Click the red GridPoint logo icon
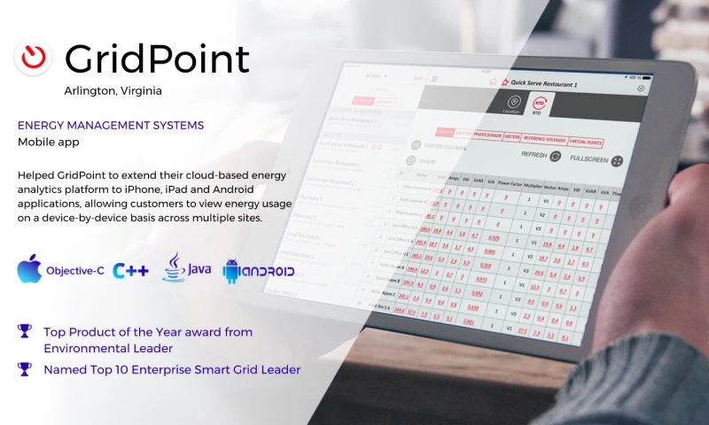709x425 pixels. pyautogui.click(x=33, y=58)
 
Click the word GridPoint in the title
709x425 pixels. pyautogui.click(x=157, y=59)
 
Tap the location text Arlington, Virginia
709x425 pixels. pyautogui.click(x=113, y=90)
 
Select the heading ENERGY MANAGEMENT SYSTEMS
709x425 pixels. pyautogui.click(x=111, y=126)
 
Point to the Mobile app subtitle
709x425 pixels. pyautogui.click(x=47, y=142)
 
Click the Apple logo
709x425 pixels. pyautogui.click(x=29, y=269)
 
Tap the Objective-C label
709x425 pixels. pyautogui.click(x=75, y=271)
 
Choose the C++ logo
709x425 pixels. pyautogui.click(x=130, y=270)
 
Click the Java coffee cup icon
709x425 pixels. pyautogui.click(x=174, y=267)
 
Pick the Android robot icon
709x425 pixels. pyautogui.click(x=233, y=271)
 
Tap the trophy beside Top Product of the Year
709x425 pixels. pyautogui.click(x=25, y=331)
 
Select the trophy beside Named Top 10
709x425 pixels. pyautogui.click(x=25, y=369)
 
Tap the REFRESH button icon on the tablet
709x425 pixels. pyautogui.click(x=555, y=157)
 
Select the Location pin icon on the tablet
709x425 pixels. pyautogui.click(x=511, y=104)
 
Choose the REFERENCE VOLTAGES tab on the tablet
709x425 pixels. pyautogui.click(x=544, y=139)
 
